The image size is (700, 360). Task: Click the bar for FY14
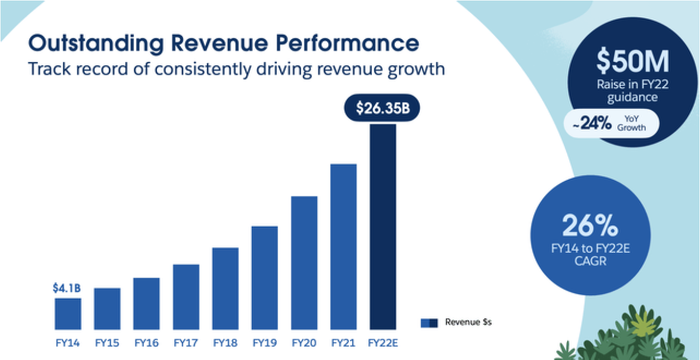pos(68,314)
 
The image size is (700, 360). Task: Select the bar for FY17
pos(186,297)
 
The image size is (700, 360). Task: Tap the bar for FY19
pos(265,278)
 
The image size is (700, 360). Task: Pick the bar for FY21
pos(343,247)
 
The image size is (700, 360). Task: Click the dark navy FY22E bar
pos(383,227)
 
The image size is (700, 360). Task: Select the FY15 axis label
pos(107,343)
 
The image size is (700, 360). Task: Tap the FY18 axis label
pos(225,343)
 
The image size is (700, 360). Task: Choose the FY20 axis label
pos(304,343)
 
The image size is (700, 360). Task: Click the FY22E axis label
pos(383,343)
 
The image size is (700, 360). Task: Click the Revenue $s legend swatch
pos(429,322)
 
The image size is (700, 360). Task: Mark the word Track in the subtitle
pos(50,70)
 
